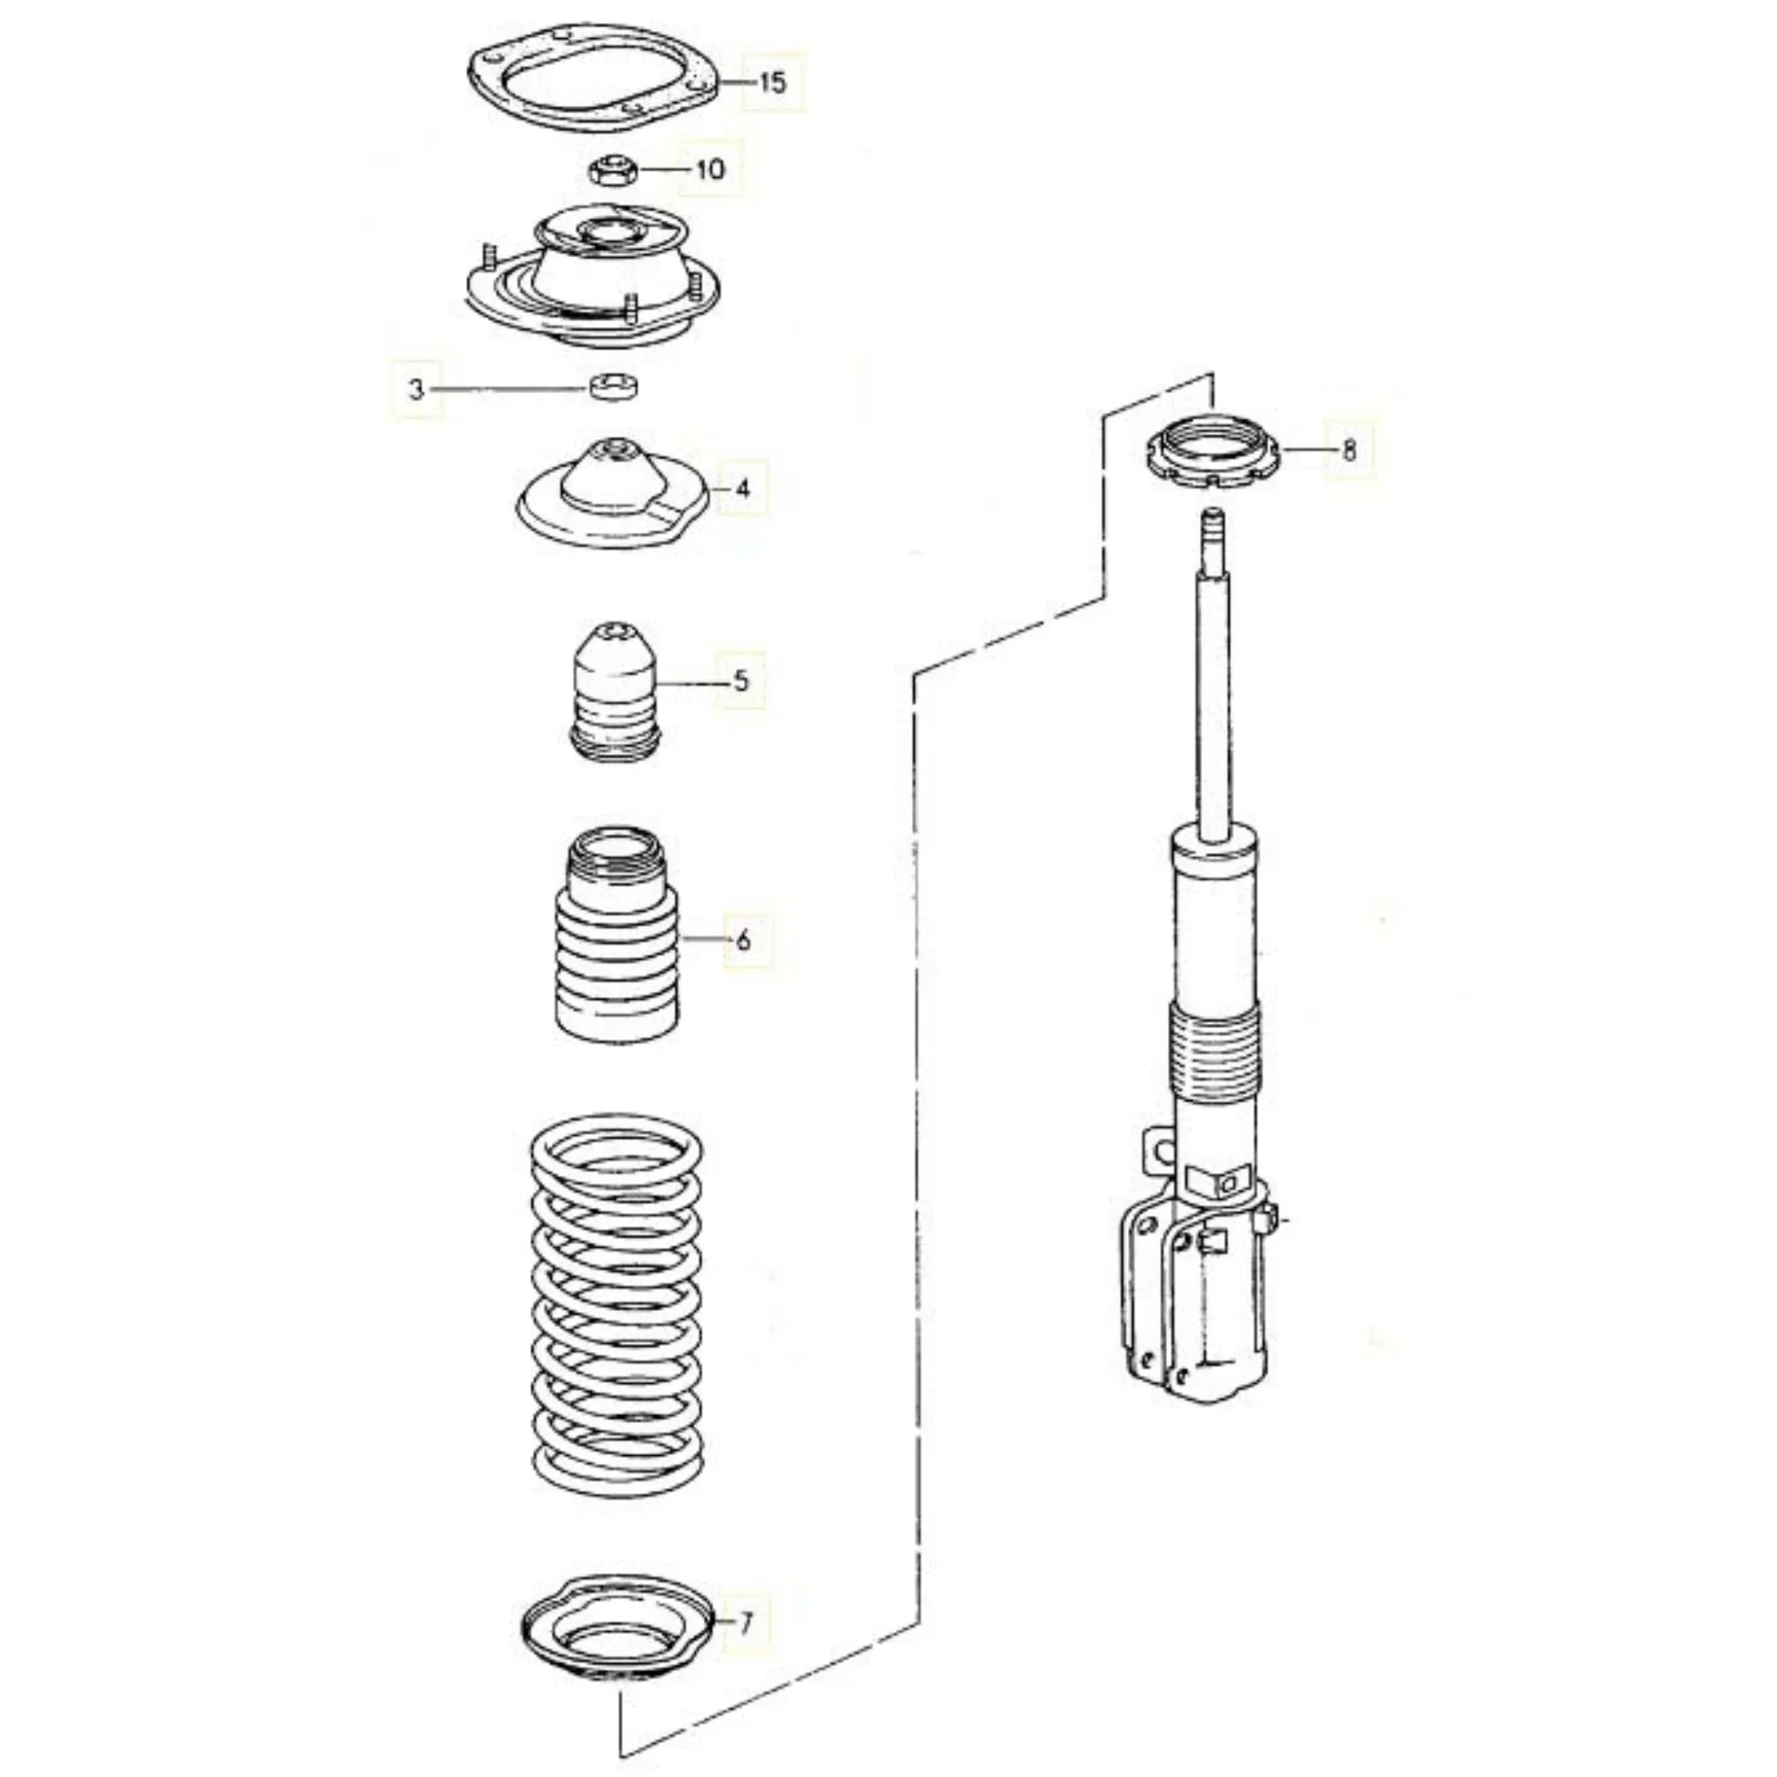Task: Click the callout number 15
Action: (773, 82)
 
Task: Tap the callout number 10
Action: (711, 169)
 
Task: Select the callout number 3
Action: (416, 390)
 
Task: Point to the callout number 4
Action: (744, 489)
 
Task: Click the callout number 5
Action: (741, 680)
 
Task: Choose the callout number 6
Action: (744, 940)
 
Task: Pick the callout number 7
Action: (746, 1623)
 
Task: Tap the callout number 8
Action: (1349, 449)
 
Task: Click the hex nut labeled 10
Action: (610, 170)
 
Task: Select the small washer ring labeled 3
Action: (614, 387)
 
